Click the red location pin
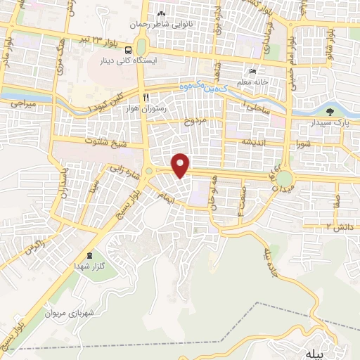(181, 164)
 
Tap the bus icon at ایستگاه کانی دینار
(128, 51)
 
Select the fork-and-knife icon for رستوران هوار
(146, 97)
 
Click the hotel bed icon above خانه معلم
(253, 72)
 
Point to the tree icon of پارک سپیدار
(330, 111)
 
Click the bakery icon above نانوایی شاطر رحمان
(162, 15)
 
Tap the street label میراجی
(22, 103)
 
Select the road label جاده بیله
(274, 262)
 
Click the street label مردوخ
(196, 121)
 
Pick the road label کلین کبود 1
(105, 103)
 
